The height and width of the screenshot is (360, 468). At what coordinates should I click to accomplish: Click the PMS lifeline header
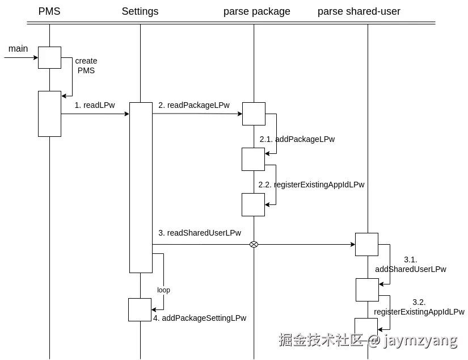click(x=49, y=11)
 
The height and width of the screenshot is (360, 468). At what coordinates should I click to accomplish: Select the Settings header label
click(x=140, y=11)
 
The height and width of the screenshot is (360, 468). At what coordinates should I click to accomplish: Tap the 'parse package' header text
click(x=256, y=11)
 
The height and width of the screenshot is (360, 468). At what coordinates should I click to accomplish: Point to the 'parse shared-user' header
click(x=359, y=11)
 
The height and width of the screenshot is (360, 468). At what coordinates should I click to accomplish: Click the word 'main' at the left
click(x=18, y=49)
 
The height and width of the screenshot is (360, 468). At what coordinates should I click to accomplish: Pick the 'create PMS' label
click(x=86, y=66)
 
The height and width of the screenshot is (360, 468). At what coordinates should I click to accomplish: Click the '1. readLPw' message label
click(x=95, y=105)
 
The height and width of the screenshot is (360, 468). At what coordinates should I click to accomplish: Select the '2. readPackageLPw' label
click(x=194, y=105)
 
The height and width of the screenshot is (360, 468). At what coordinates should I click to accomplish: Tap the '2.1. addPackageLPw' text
click(x=297, y=139)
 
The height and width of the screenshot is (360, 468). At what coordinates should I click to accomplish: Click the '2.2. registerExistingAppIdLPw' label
click(x=311, y=185)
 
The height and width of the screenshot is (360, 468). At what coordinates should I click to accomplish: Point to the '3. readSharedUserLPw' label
click(x=200, y=233)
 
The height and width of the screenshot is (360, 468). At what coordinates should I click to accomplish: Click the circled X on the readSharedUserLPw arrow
click(x=254, y=244)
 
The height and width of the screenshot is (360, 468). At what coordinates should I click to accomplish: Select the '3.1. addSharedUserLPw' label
click(x=411, y=265)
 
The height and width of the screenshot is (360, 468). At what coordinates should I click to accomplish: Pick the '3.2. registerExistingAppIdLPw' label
click(x=419, y=307)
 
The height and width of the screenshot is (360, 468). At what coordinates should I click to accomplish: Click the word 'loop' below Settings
click(x=163, y=290)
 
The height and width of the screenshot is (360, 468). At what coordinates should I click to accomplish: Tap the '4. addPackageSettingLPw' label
click(x=200, y=318)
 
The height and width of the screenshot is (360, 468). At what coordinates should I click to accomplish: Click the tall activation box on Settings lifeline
click(x=141, y=187)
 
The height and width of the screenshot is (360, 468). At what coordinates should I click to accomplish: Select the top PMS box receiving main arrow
click(x=49, y=57)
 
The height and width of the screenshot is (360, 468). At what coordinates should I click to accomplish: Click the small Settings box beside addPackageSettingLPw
click(x=140, y=309)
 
